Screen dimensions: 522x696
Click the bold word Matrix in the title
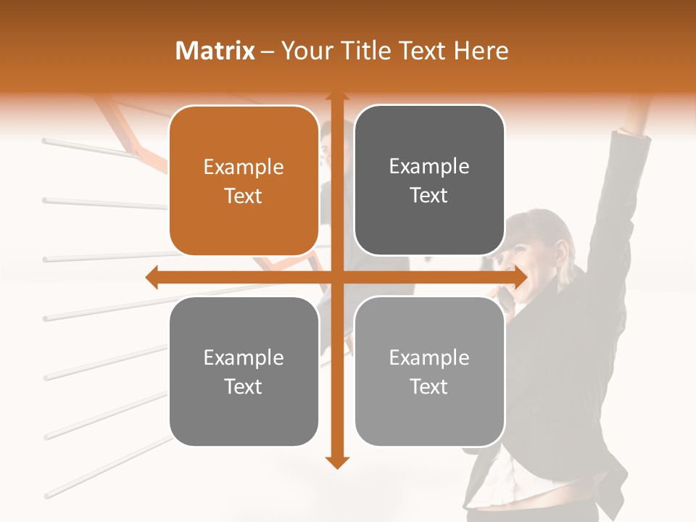coord(215,51)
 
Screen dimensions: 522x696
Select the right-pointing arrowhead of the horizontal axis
coord(521,277)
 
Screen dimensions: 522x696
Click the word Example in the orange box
coord(244,167)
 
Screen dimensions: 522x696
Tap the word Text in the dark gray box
coord(429,196)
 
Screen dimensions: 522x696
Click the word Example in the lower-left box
coord(244,358)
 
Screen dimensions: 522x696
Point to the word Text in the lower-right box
coord(429,386)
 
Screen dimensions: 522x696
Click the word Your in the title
coord(304,51)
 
